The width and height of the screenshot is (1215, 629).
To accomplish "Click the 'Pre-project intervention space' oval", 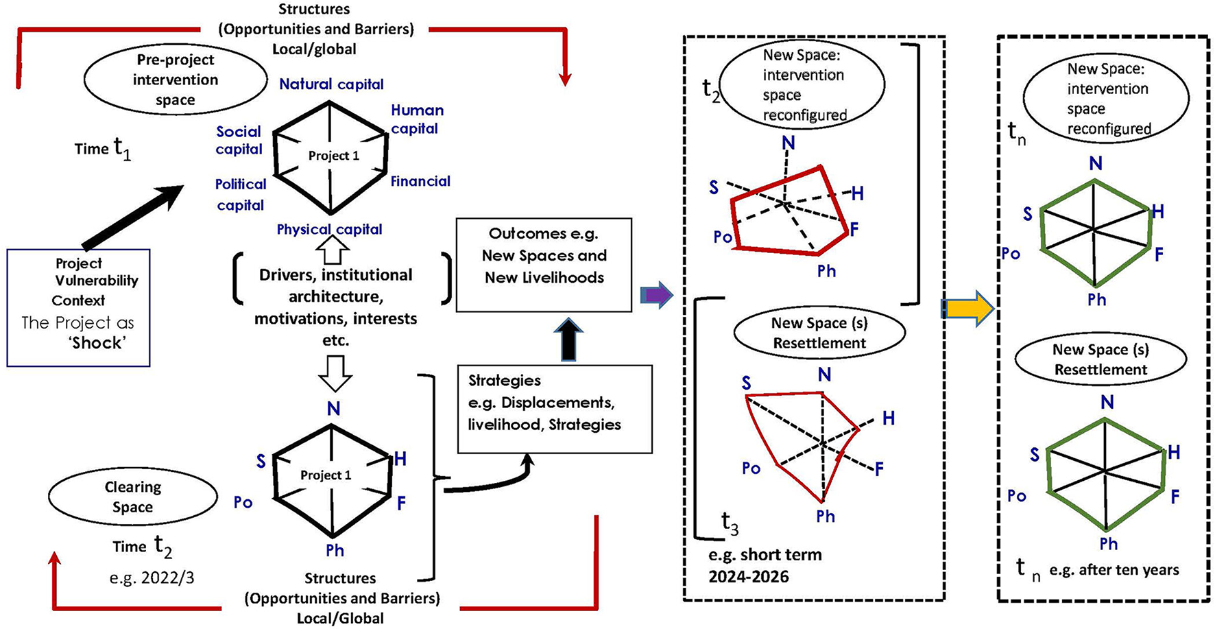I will point(175,80).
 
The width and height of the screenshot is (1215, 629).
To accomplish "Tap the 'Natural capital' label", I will point(331,84).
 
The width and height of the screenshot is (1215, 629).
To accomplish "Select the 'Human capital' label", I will point(417,119).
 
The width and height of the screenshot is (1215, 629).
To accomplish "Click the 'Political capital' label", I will point(240,194).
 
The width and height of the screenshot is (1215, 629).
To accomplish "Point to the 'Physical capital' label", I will point(329,229).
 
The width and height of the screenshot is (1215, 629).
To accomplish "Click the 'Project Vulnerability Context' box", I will point(78,307).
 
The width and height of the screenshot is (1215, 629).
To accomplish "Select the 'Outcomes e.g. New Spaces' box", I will point(544,265).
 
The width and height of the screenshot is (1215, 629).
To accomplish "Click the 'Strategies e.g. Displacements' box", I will point(554,409).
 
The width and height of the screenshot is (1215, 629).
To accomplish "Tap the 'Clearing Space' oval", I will point(133,497).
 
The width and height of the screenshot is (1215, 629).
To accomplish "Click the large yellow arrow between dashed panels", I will point(967,309).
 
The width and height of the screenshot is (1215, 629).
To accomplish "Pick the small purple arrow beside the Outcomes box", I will point(656,294).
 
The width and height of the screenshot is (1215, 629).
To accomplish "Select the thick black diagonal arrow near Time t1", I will point(132,216).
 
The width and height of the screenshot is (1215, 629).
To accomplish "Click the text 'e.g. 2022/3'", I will point(152,578).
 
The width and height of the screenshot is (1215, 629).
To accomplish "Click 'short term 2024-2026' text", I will point(765,565).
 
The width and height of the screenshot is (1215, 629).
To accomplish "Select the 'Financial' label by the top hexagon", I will point(420,181).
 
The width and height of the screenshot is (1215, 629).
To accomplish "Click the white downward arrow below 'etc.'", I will point(335,372).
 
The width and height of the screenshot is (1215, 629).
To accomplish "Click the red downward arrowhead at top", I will point(564,80).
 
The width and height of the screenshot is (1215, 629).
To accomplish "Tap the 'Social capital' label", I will point(239,140).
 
